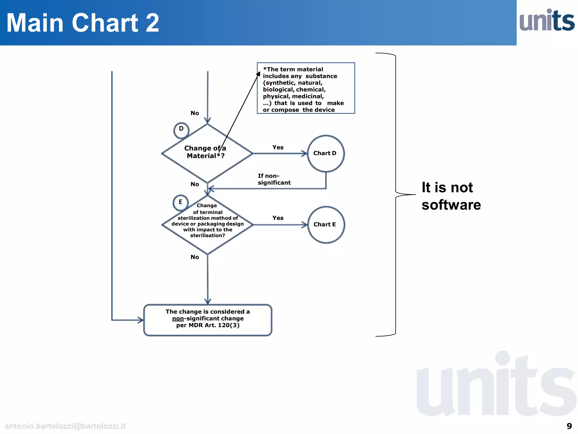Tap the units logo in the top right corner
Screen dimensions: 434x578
pos(547,20)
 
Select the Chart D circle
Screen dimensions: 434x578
pos(325,153)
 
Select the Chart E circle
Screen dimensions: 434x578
pos(326,225)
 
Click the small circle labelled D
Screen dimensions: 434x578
pos(181,130)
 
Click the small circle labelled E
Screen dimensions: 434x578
pos(180,202)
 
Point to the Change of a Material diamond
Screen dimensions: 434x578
pos(207,153)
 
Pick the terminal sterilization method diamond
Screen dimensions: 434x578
pos(207,225)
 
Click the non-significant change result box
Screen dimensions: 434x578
pos(208,320)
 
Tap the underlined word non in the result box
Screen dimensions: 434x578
pos(178,318)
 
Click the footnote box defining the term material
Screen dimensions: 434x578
pos(306,88)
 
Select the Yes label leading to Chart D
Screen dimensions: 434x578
pos(278,147)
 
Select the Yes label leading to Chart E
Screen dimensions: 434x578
pos(278,218)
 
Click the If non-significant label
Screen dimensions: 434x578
pos(273,179)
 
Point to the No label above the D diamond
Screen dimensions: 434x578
pos(194,113)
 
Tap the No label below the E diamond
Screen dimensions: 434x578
pos(194,257)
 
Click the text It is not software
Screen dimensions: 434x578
pos(451,196)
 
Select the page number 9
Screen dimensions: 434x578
pos(569,426)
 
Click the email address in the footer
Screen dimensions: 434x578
pos(65,426)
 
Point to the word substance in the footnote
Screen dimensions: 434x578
pos(321,76)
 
